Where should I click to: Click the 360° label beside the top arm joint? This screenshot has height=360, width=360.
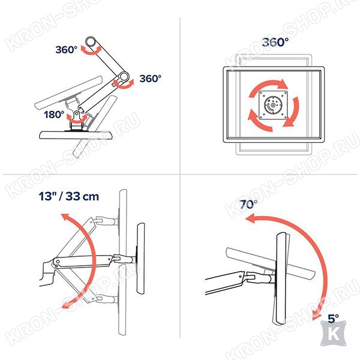67,50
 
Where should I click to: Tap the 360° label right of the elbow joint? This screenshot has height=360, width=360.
151,79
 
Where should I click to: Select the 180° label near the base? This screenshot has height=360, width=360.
54,115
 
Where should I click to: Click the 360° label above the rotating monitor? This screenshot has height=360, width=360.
275,42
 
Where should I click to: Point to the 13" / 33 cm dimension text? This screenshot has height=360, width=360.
68,196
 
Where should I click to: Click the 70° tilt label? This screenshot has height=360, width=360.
248,204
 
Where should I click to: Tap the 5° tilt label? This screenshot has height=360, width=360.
333,319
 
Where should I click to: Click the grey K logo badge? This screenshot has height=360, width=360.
334,334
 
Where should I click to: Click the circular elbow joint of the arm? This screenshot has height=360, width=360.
124,77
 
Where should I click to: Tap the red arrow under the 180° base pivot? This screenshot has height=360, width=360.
77,119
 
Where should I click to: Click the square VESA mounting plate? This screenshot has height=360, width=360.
273,105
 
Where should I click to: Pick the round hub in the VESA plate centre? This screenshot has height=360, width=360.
273,105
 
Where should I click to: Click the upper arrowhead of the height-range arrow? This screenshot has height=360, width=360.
65,217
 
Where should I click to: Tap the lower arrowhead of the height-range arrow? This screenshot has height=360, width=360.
65,305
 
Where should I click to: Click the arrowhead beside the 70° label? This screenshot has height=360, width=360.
250,218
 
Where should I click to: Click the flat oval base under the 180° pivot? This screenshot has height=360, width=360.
76,135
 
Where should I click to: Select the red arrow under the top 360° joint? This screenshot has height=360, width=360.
92,50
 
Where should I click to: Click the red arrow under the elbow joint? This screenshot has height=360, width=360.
124,84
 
